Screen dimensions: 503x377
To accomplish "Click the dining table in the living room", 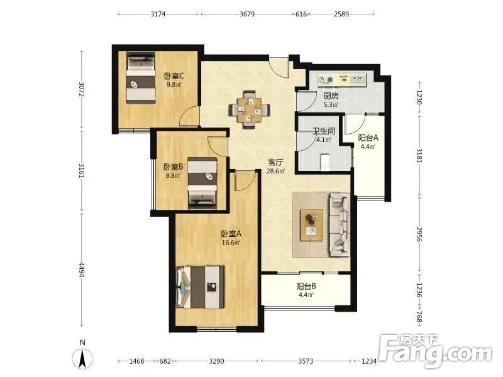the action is [249, 110].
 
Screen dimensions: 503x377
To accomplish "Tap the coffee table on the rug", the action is [311, 225].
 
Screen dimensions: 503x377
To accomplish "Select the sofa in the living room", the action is [339, 225].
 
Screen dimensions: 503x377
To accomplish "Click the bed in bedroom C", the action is [140, 77].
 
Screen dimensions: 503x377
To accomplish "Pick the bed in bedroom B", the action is [202, 183].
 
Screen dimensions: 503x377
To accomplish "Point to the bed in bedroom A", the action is [199, 287].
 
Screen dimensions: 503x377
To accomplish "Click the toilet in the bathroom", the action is [325, 161].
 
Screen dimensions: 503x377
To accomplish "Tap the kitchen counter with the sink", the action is [342, 80].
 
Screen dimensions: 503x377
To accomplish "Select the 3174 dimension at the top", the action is [158, 14].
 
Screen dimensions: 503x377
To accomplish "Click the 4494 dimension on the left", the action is [82, 270].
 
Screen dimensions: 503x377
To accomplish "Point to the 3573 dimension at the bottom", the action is [306, 361].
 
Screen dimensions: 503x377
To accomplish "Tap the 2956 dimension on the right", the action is [419, 234].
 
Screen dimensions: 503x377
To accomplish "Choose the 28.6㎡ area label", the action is [275, 171].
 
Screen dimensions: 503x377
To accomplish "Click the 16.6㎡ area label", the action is [231, 243].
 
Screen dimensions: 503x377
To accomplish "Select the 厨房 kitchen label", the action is [331, 96].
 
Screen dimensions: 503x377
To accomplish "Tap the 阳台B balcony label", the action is [306, 287].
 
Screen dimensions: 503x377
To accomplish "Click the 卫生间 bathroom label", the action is [324, 131].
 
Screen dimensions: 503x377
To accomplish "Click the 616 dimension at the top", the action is [301, 14].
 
